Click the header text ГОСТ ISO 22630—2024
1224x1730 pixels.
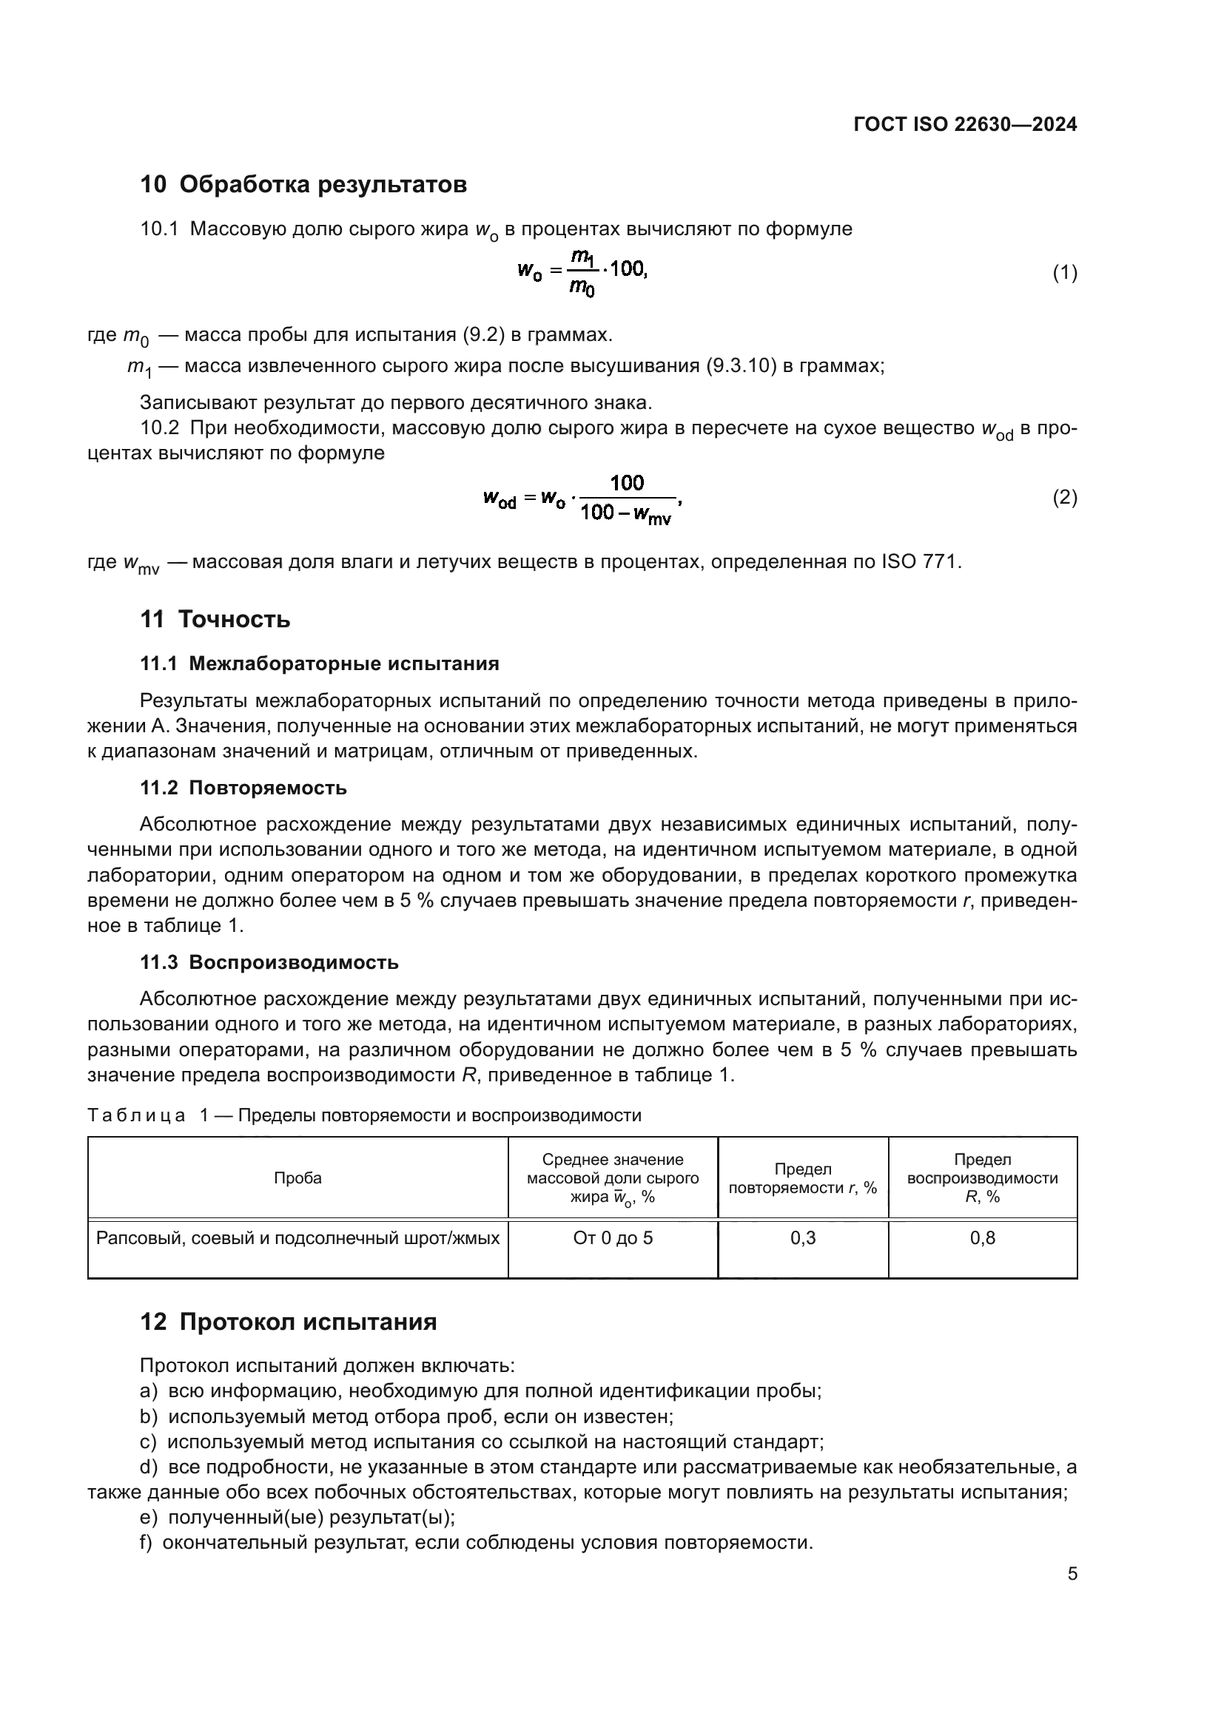click(x=965, y=124)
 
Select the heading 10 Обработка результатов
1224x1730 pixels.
click(x=303, y=184)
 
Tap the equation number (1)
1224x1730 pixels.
click(x=1064, y=273)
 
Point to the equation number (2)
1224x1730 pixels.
click(x=1064, y=497)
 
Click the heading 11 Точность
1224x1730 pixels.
click(x=215, y=619)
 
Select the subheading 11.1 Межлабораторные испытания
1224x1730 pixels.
click(x=320, y=663)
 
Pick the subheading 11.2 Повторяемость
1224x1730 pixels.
click(x=243, y=788)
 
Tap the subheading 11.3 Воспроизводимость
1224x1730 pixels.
click(x=269, y=962)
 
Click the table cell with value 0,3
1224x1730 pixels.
click(x=803, y=1238)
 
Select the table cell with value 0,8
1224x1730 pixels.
click(x=982, y=1238)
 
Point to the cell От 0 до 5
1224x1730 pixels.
click(x=612, y=1238)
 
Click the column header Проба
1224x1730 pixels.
click(x=297, y=1177)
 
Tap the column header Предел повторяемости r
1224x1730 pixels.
click(x=803, y=1178)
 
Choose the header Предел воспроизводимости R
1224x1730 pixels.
click(x=982, y=1177)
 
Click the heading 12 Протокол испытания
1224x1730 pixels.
click(x=288, y=1322)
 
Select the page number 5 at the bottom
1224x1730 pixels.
click(x=1072, y=1574)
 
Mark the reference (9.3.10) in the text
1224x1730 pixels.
click(x=741, y=366)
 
